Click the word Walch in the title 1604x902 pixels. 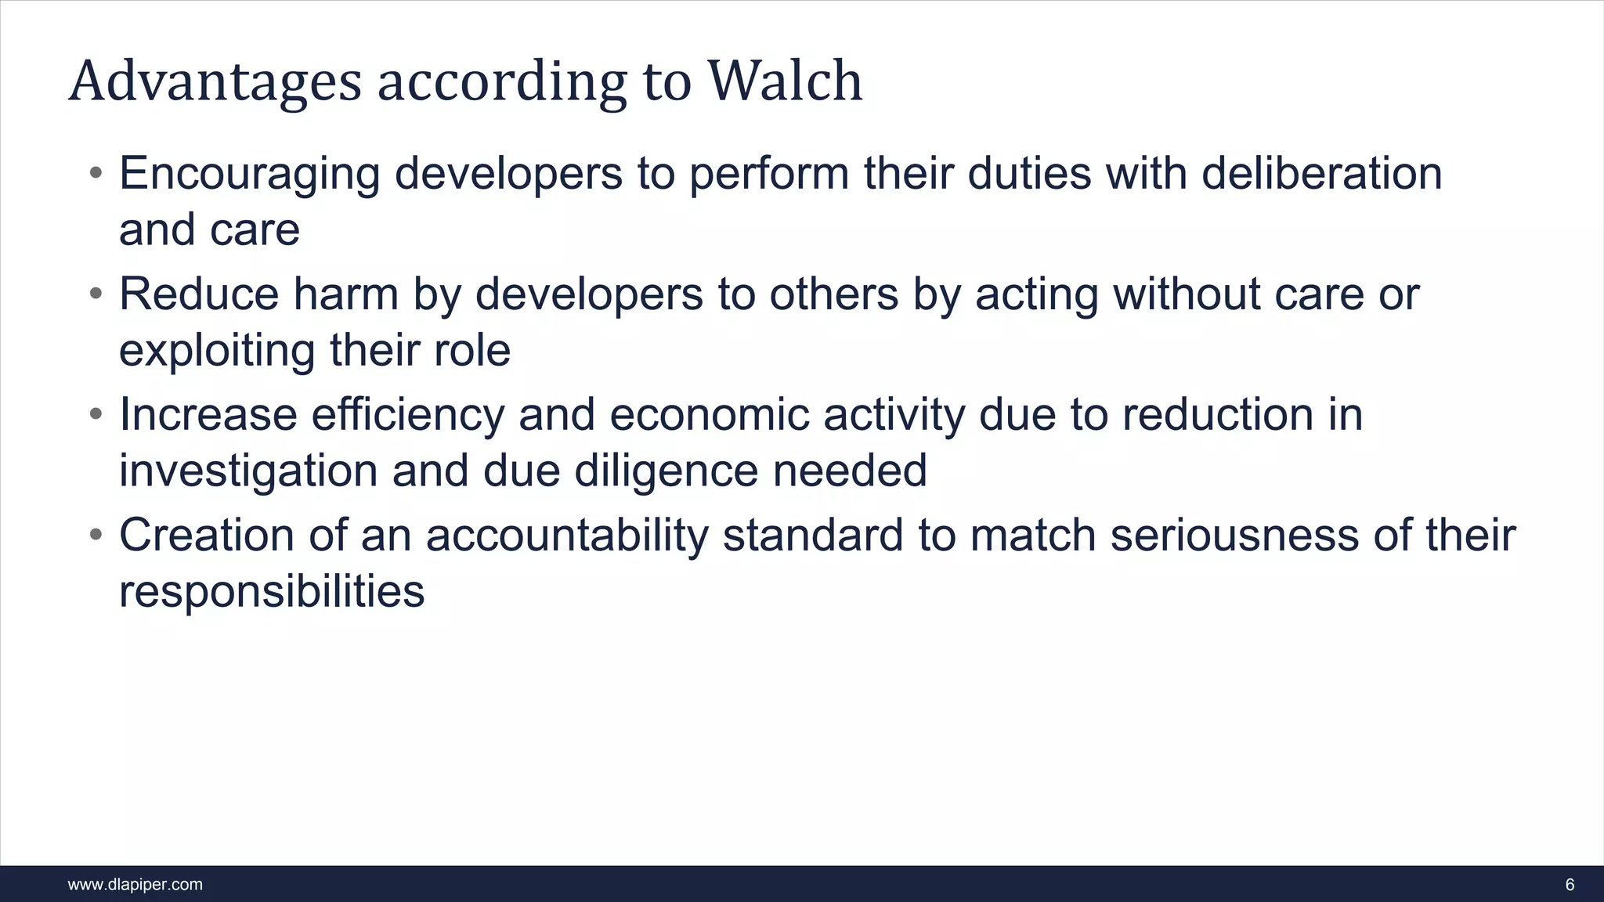coord(785,81)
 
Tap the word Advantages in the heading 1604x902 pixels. coord(215,82)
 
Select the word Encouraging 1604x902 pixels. coord(249,174)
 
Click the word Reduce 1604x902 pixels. coord(199,294)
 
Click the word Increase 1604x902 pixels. coord(208,414)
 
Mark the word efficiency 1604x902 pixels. coord(408,414)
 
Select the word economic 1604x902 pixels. coord(709,414)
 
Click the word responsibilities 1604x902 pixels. coord(272,591)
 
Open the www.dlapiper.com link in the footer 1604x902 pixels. coord(135,885)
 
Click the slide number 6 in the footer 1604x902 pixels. coord(1570,885)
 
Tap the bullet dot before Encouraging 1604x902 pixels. coord(96,172)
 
